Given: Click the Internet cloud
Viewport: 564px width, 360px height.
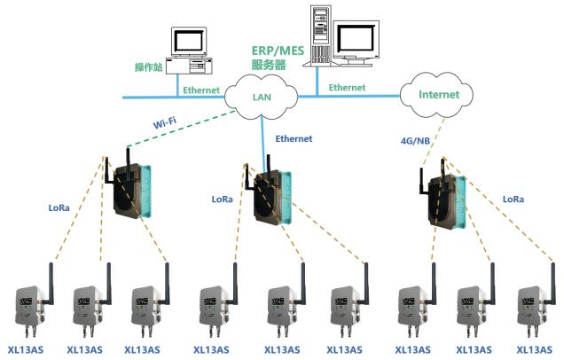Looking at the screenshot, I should (439, 94).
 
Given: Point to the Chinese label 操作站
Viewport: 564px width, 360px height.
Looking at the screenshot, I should (148, 67).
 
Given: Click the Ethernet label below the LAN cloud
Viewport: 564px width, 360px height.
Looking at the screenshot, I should (294, 139).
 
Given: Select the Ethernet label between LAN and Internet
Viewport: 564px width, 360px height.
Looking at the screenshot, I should (347, 88).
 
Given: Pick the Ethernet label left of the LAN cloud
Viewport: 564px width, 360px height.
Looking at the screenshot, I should (201, 90).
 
